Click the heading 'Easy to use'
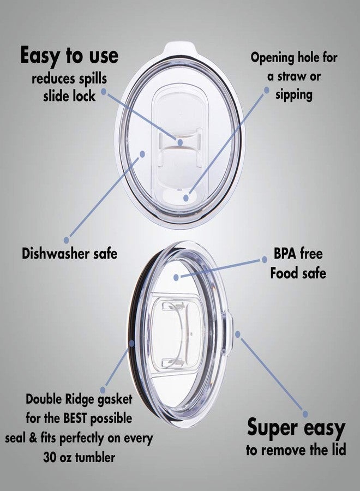click(69, 56)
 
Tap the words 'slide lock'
click(69, 96)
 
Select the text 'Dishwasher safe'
click(69, 253)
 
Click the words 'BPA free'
click(298, 253)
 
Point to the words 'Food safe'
click(298, 273)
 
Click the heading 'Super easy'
click(296, 428)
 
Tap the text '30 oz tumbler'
click(79, 457)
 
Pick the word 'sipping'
click(294, 95)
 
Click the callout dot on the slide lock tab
click(180, 142)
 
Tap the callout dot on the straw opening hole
click(186, 198)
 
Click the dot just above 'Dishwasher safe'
click(67, 240)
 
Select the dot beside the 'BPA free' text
click(265, 260)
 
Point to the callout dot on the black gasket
click(131, 343)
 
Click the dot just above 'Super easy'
click(305, 414)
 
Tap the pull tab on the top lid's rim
click(181, 47)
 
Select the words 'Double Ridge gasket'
click(79, 399)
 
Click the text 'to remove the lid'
click(296, 450)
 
